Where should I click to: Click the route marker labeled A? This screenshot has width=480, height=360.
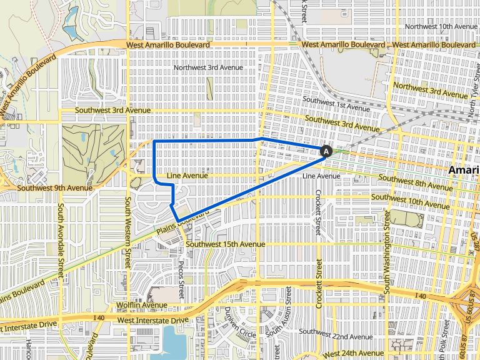(326, 151)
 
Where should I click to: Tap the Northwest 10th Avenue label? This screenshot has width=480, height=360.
(441, 26)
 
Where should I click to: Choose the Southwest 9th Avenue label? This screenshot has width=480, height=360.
(55, 187)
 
